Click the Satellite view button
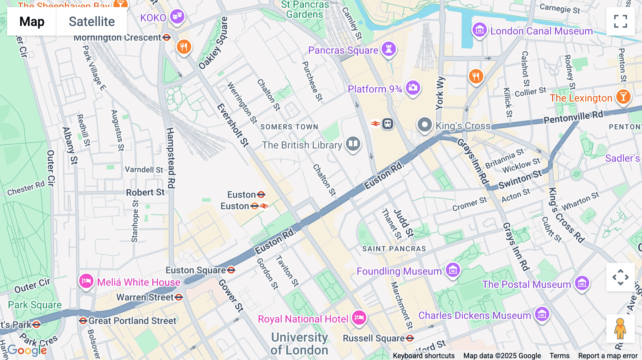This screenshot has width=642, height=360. [x=92, y=22]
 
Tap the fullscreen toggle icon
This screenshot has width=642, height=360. [x=620, y=21]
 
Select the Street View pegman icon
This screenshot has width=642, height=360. [x=620, y=329]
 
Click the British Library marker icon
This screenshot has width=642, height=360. [x=353, y=144]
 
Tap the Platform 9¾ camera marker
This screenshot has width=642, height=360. [x=413, y=87]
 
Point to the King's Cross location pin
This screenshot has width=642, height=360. [x=424, y=125]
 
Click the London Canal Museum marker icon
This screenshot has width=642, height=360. [x=479, y=30]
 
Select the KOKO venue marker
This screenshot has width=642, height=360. [x=177, y=16]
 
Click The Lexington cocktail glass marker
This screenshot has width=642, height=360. [x=623, y=96]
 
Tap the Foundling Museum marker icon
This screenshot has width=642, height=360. [x=453, y=270]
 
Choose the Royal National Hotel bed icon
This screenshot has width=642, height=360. [x=359, y=317]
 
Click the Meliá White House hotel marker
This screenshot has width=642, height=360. [x=86, y=281]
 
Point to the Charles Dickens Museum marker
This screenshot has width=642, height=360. [x=542, y=314]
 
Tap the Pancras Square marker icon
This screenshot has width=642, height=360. [x=389, y=49]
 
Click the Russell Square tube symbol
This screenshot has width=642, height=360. [x=410, y=338]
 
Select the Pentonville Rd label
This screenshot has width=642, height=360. [x=573, y=117]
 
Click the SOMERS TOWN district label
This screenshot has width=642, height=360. [x=289, y=127]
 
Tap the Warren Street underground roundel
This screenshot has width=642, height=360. [x=179, y=297]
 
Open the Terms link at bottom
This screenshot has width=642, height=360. [x=559, y=356]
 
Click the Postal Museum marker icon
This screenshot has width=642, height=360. [x=582, y=283]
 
